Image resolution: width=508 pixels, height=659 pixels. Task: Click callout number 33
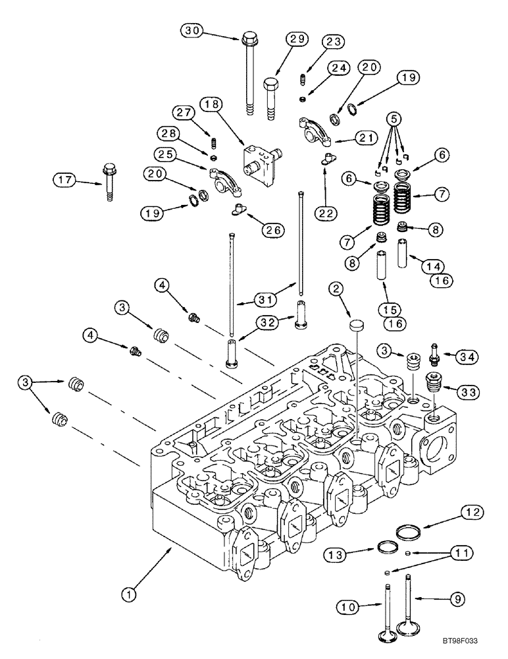(x=469, y=391)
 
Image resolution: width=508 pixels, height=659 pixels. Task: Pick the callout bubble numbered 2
(x=336, y=288)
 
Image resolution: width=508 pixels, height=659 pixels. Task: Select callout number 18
(x=213, y=104)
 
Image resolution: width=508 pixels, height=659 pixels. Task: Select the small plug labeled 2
(x=355, y=324)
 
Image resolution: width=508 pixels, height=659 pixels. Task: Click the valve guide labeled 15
(x=380, y=272)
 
